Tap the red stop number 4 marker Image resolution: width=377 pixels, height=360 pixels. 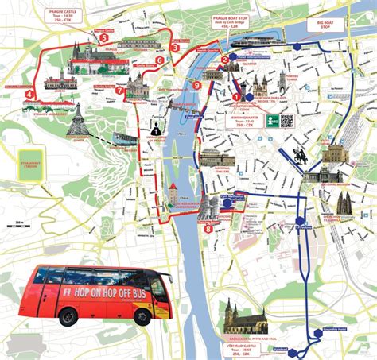point(29,94)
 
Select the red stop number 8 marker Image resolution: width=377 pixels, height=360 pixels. point(208,229)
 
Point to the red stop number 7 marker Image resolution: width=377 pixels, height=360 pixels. point(120,91)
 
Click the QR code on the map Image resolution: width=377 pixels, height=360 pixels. point(286,122)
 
